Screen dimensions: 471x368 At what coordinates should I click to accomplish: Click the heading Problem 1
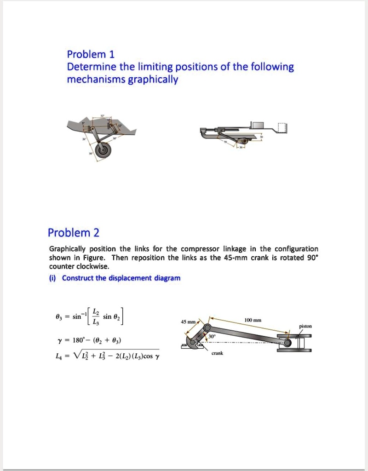(x=91, y=54)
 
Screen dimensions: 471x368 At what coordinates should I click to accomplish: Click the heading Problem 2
(x=74, y=232)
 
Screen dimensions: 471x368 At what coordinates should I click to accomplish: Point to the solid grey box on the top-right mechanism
(x=257, y=125)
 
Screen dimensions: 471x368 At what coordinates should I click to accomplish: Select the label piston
(x=305, y=326)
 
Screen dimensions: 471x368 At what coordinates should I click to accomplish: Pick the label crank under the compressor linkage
(x=217, y=353)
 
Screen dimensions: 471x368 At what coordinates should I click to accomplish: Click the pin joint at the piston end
(x=287, y=343)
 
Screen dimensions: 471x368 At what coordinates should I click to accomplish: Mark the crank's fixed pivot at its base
(x=190, y=342)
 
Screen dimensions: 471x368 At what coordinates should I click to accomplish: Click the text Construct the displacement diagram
(x=121, y=278)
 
